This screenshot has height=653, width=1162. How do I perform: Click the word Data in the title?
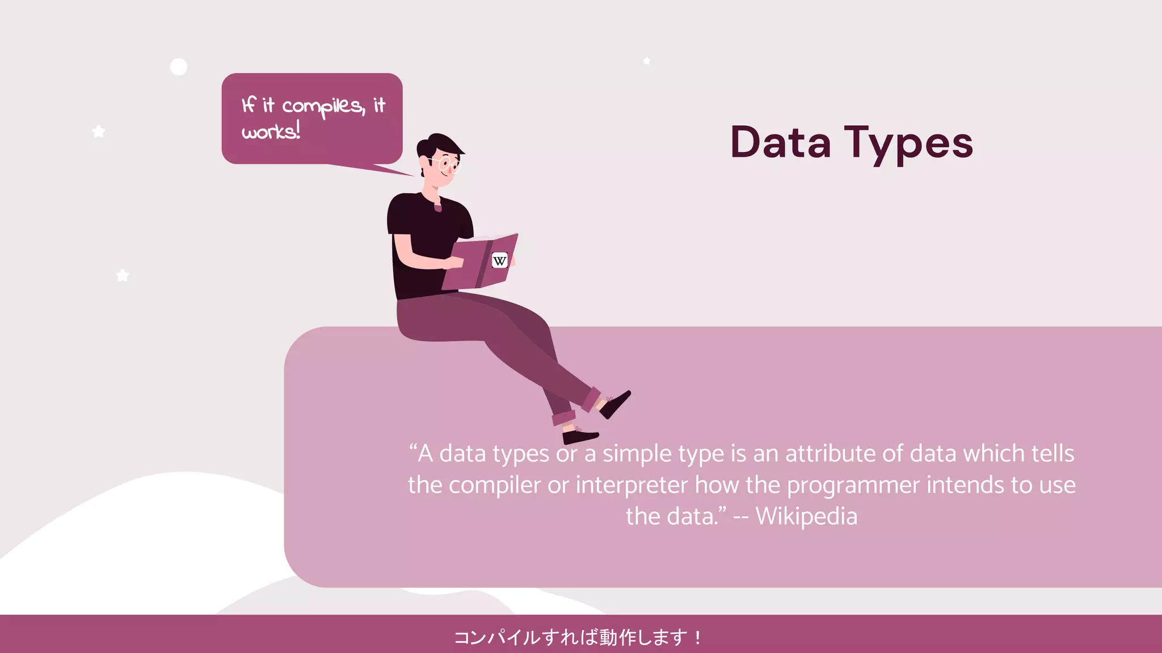point(780,142)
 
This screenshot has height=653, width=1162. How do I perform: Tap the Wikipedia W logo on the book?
point(499,261)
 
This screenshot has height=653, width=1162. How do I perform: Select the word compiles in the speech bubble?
point(323,107)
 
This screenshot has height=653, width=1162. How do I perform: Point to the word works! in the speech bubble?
point(271,132)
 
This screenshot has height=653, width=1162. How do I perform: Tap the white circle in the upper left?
point(179,67)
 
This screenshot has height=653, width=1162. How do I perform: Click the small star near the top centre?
point(647,61)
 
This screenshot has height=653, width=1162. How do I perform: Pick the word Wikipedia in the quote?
point(806,516)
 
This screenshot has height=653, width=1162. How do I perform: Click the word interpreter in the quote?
point(632,485)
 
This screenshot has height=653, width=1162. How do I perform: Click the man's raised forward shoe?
point(616,403)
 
